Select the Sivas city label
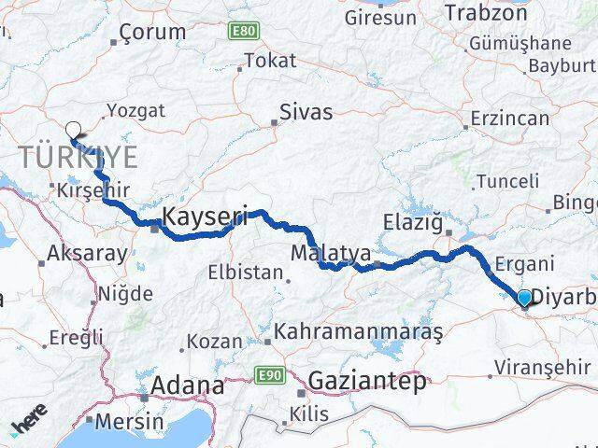(306, 113)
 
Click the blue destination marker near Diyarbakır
(524, 298)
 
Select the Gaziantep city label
(367, 381)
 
